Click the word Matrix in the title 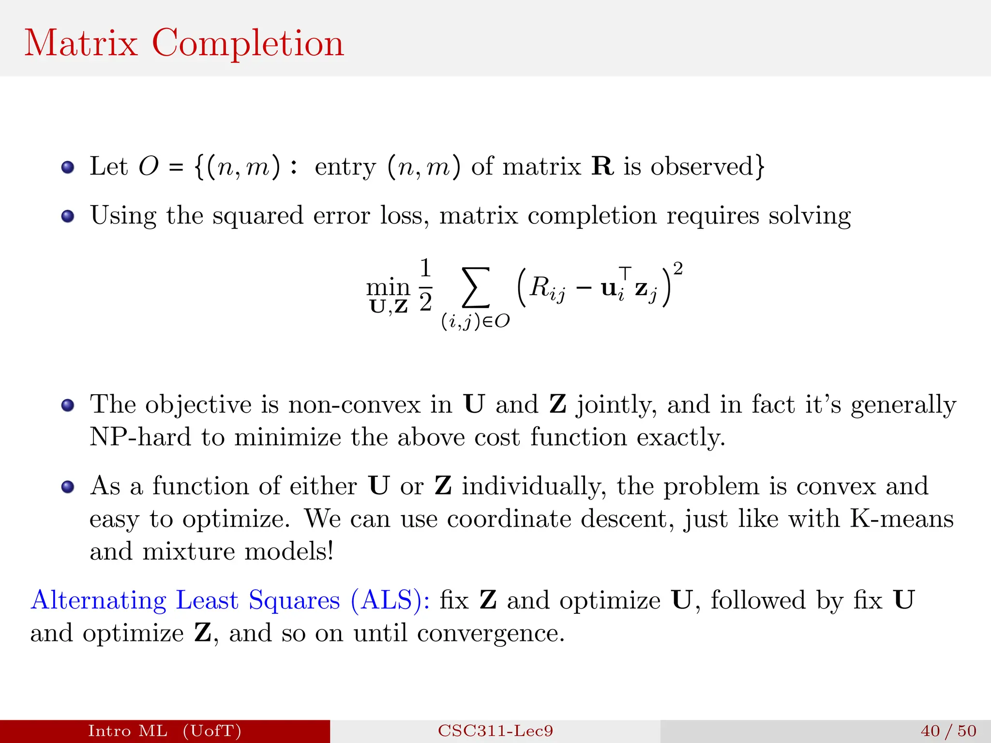pos(81,44)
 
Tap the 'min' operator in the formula pos(388,287)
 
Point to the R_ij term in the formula pos(547,288)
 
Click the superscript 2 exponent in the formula pos(678,268)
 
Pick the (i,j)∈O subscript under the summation pos(475,321)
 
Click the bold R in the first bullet pos(602,166)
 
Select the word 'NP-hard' pos(140,437)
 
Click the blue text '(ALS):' pos(390,600)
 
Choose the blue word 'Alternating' pos(98,600)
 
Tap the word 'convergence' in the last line pos(491,633)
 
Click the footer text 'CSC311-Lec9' pos(495,731)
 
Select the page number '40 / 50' pos(948,731)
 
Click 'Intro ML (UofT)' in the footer pos(165,731)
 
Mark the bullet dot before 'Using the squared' pos(68,216)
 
